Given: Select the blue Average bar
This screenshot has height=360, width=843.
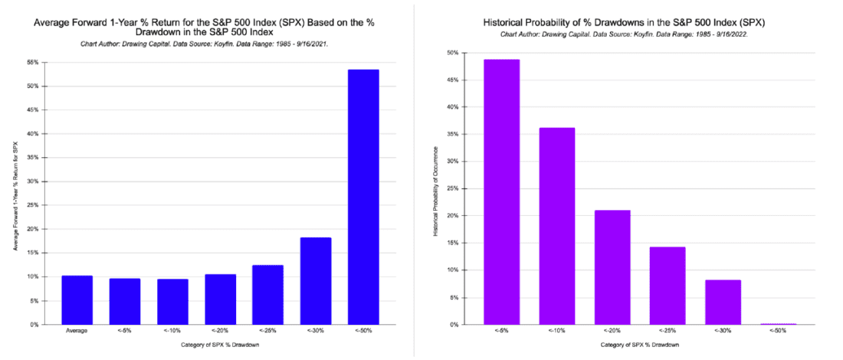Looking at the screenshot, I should [77, 299].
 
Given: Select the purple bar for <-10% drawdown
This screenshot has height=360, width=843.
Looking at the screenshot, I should [556, 226].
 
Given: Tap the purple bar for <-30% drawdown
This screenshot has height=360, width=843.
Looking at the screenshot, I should [723, 302].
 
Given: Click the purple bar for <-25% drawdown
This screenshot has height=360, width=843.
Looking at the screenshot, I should [667, 285].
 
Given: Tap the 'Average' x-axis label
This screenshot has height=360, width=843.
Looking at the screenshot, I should [77, 331].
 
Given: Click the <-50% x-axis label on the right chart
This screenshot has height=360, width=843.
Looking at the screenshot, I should [778, 331].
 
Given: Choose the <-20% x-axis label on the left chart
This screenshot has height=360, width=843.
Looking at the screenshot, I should [220, 331].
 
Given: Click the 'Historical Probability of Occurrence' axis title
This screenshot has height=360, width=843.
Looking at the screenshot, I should [436, 189].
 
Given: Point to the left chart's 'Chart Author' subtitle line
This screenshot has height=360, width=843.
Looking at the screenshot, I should [205, 44].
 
